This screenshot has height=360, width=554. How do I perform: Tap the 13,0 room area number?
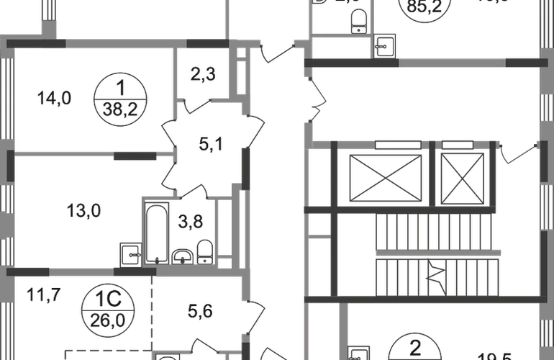coord(82,211)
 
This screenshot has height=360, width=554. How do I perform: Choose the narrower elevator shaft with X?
coord(462,177)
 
